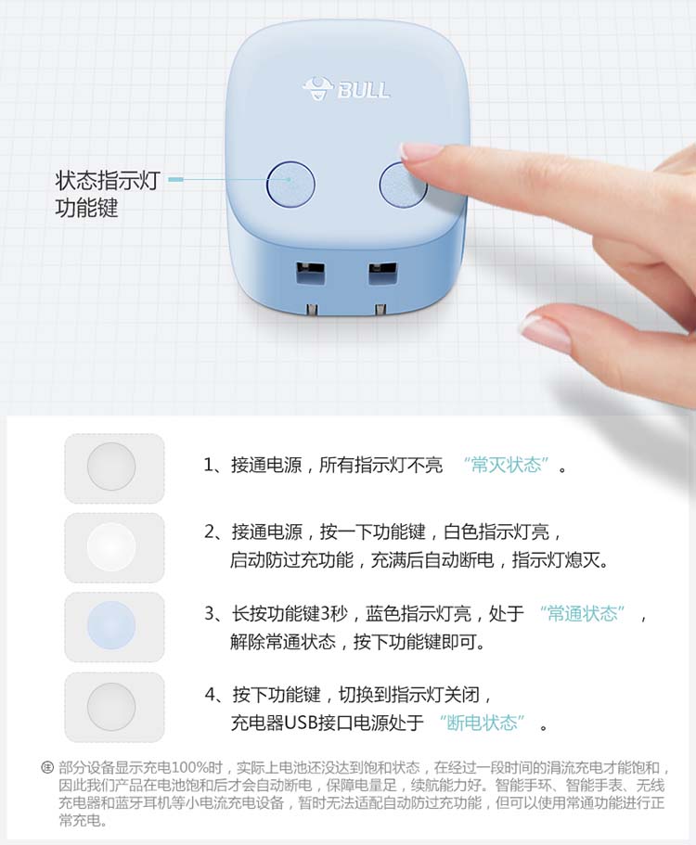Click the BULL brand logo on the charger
point(347,88)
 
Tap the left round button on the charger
point(290,184)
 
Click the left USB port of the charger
point(310,274)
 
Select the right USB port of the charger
point(382,274)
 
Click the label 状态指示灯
point(108,180)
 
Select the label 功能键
point(86,208)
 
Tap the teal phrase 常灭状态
point(507,465)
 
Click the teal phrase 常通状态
point(582,613)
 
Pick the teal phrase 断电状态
point(482,723)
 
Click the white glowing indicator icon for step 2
point(111,546)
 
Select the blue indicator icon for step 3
point(111,626)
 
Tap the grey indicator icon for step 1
point(111,467)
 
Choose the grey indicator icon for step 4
point(111,707)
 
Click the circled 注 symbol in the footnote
point(47,767)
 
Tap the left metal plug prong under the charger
point(311,309)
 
